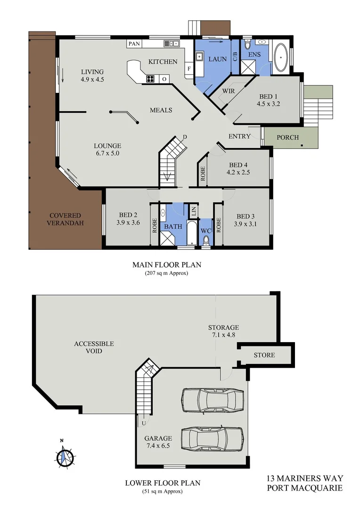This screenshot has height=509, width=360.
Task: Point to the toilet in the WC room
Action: point(206,241)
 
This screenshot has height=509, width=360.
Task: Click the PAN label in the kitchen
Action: point(134,44)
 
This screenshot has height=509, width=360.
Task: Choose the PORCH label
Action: point(287,138)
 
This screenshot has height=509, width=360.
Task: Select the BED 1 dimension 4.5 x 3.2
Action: point(269,104)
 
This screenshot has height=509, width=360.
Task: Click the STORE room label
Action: point(264,355)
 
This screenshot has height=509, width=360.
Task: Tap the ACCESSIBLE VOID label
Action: point(94,347)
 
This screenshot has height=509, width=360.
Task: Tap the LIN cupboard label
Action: point(193,211)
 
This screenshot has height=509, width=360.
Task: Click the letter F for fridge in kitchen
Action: point(189,69)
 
